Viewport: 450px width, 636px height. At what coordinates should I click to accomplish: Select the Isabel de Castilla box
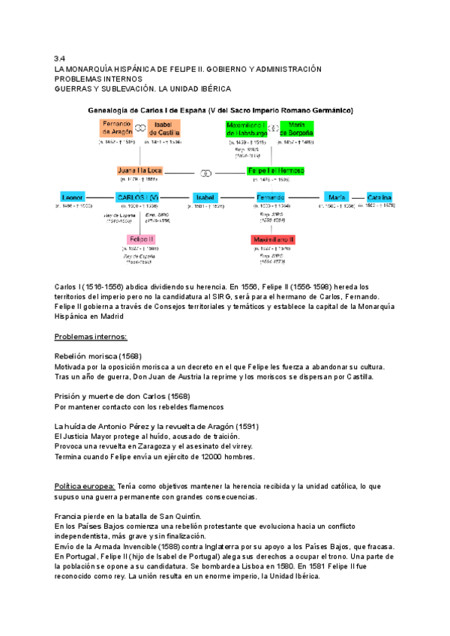(163, 127)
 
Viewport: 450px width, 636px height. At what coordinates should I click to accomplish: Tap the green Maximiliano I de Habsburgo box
(247, 127)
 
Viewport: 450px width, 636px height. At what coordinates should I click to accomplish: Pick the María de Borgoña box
(296, 127)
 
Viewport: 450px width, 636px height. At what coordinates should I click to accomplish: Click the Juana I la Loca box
(139, 170)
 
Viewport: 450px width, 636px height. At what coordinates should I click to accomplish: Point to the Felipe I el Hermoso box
(275, 170)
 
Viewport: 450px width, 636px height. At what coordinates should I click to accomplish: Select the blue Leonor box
(73, 196)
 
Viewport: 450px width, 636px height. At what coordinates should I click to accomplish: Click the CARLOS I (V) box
(137, 196)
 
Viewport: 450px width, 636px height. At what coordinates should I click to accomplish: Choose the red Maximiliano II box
(273, 238)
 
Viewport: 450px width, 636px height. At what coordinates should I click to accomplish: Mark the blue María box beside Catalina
(337, 196)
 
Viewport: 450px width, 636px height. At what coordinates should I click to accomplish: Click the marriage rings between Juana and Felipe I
(207, 171)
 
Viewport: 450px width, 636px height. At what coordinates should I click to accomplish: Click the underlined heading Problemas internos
(91, 337)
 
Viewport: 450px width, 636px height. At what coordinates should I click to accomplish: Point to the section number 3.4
(61, 58)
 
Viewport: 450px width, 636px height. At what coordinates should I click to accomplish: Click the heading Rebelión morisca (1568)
(98, 355)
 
